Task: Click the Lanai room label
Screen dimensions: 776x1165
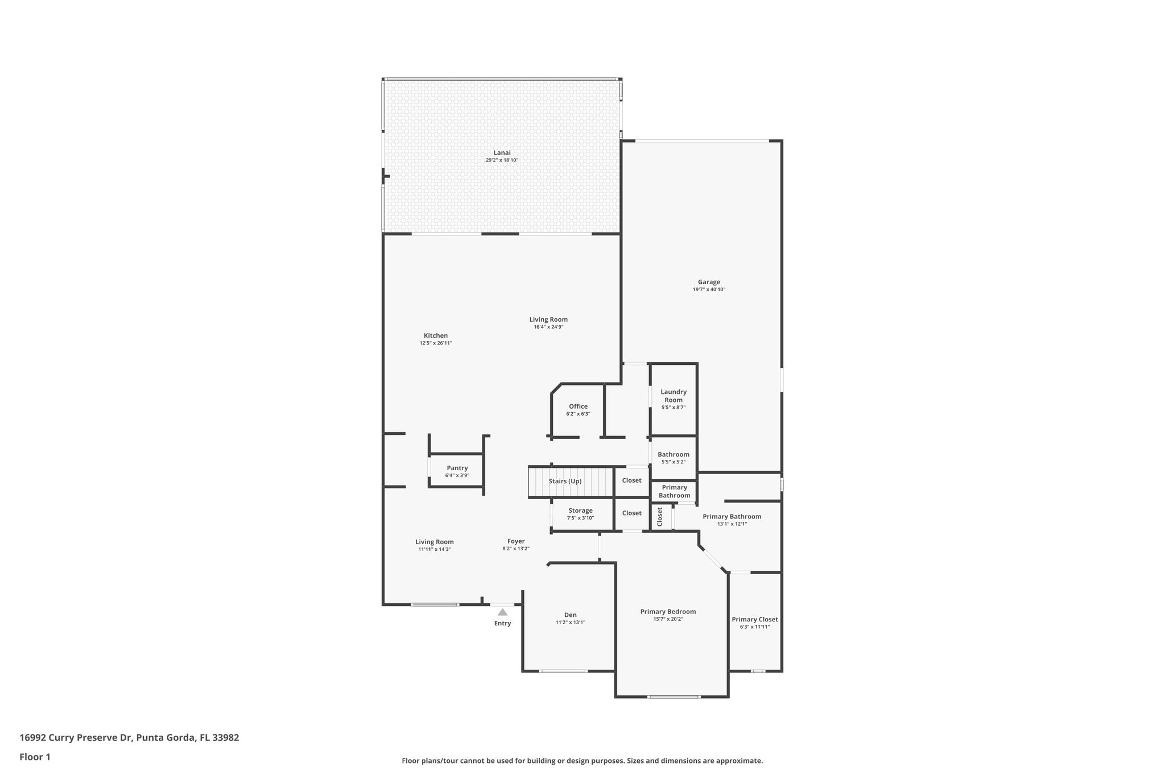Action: point(502,152)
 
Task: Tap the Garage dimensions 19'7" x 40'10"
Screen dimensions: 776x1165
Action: point(709,289)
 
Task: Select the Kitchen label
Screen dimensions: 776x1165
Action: point(436,335)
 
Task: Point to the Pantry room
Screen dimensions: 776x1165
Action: point(457,471)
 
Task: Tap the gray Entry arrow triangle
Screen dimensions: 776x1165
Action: point(502,612)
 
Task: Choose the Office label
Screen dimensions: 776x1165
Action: point(578,406)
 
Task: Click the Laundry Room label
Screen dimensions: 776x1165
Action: point(674,396)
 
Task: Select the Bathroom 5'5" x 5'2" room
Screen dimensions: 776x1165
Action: point(674,458)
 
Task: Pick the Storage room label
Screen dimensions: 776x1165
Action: point(580,511)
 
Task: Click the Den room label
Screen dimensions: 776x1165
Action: point(570,615)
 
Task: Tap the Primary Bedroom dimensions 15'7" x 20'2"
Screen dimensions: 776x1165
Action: point(668,619)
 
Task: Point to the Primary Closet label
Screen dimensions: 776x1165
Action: point(755,619)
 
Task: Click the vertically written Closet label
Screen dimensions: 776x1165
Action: point(660,517)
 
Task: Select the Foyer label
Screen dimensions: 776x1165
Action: point(516,541)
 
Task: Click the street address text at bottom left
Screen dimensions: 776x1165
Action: point(129,738)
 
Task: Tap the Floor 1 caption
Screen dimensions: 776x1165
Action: point(35,757)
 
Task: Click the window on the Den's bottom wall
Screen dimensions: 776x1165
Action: point(563,671)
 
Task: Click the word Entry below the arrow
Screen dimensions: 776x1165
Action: point(502,623)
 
